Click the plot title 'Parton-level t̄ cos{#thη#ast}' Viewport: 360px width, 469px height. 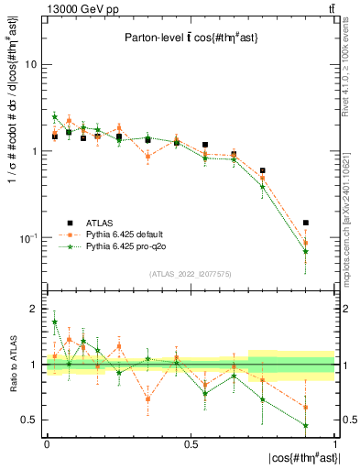pyautogui.click(x=190, y=38)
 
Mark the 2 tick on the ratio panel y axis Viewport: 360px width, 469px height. pyautogui.click(x=36, y=310)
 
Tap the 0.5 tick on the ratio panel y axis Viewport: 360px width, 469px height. pyautogui.click(x=30, y=420)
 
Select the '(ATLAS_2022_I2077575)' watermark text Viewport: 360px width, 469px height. pyautogui.click(x=191, y=274)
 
